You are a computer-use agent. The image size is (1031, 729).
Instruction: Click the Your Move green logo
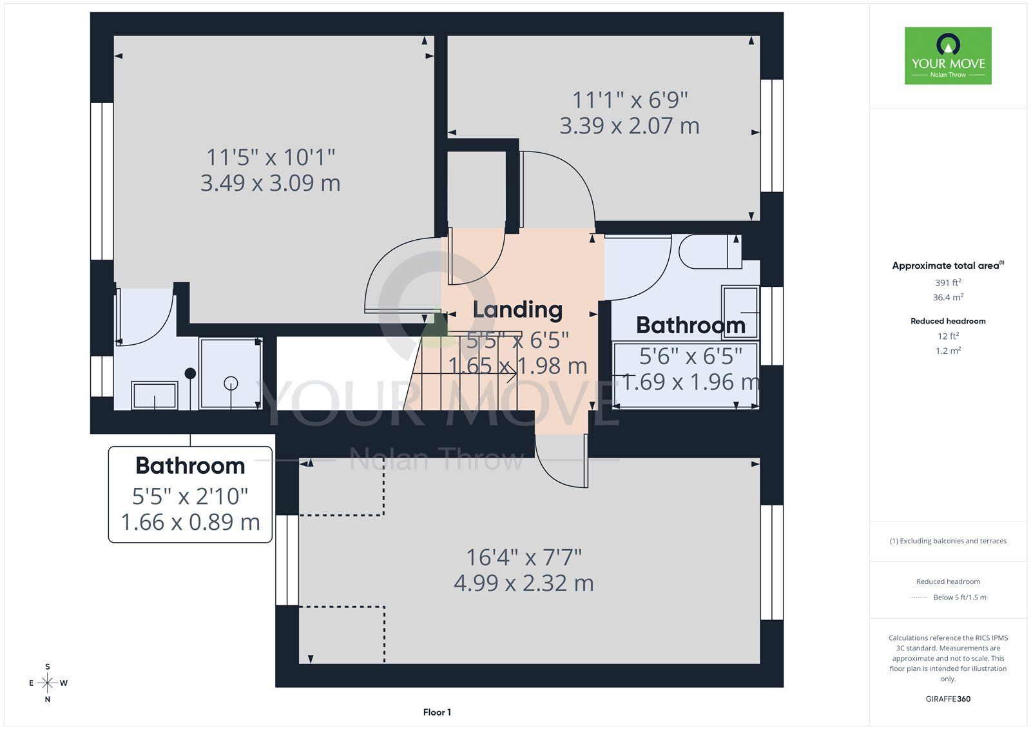pos(948,55)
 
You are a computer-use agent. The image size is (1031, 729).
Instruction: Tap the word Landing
pos(517,309)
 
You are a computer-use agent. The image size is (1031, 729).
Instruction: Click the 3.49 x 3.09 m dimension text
pos(270,183)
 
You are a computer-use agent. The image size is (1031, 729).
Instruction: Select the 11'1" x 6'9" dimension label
pos(630,100)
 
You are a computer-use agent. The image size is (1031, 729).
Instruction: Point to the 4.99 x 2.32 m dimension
pos(524,583)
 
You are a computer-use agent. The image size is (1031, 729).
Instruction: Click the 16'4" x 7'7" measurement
pos(524,558)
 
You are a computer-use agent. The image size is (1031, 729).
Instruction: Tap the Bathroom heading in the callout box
pos(190,465)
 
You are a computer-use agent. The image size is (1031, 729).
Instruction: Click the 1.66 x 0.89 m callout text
pos(190,521)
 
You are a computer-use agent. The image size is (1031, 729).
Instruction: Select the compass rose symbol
pos(48,683)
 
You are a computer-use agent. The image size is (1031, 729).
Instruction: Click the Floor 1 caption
pos(437,712)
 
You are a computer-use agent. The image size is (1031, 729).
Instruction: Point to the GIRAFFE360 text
pos(948,699)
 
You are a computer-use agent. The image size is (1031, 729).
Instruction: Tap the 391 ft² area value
pos(948,282)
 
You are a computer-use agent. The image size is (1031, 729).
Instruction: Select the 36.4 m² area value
pos(948,297)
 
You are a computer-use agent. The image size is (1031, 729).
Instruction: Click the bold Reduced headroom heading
pos(948,321)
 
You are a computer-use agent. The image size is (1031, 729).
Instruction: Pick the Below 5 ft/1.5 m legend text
pos(959,598)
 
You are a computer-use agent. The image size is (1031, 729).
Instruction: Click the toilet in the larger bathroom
pos(709,251)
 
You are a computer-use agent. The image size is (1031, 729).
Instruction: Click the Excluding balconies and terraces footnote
pos(948,541)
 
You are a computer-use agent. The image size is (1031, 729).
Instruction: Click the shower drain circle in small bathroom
pos(231,383)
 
